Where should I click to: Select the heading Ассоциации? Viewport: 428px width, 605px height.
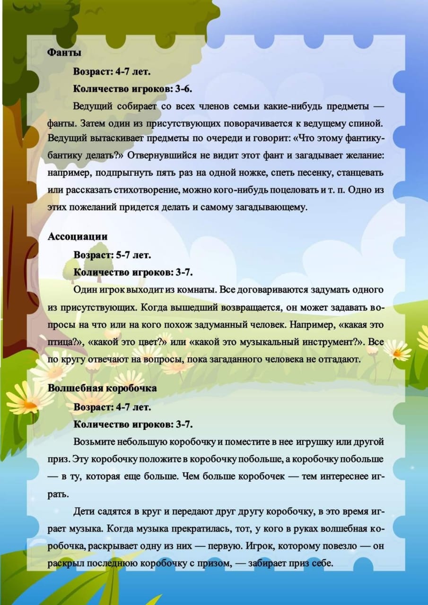click(78, 237)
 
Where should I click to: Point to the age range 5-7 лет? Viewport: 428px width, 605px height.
click(133, 255)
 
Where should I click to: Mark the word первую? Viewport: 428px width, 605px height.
click(225, 546)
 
